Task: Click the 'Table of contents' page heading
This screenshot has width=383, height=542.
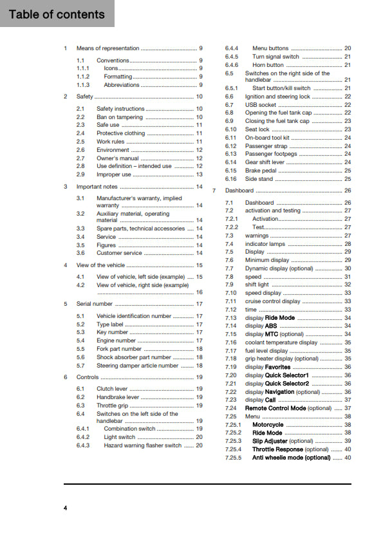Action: click(57, 14)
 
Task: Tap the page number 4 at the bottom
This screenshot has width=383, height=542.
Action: click(65, 509)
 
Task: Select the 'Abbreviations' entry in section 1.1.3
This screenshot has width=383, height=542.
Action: click(122, 85)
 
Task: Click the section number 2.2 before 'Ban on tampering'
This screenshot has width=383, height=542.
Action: click(80, 117)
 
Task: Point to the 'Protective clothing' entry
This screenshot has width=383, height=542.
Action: click(120, 133)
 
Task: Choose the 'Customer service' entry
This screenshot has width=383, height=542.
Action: click(119, 253)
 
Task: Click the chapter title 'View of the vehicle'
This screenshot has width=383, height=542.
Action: click(100, 265)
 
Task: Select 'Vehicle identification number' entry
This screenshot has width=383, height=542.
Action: click(134, 316)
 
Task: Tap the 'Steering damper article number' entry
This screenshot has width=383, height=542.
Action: click(137, 365)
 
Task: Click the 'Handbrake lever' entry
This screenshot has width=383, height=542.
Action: click(118, 397)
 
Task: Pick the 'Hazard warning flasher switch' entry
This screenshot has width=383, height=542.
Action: click(142, 445)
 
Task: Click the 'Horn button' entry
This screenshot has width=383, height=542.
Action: click(268, 64)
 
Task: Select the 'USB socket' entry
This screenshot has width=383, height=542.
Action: click(261, 104)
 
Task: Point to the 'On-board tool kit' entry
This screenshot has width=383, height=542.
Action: click(267, 138)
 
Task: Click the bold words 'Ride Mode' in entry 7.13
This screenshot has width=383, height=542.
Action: click(280, 318)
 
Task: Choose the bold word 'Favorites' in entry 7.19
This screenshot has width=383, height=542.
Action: click(278, 367)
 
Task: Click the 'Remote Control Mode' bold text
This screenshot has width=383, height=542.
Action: click(276, 408)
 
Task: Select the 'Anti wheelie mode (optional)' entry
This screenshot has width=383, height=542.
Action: click(292, 457)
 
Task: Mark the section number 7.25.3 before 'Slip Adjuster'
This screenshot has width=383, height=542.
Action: click(233, 441)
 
